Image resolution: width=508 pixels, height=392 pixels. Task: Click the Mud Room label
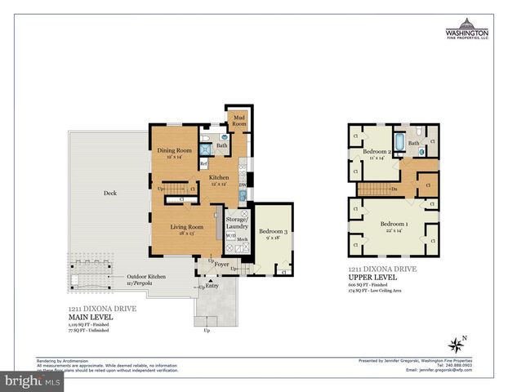point(239,121)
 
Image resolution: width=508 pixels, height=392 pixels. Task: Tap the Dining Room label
point(173,152)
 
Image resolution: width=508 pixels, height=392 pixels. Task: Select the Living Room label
point(186,229)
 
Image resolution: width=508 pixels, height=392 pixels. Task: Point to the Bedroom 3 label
point(274,234)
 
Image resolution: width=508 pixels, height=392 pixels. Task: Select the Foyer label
point(221,264)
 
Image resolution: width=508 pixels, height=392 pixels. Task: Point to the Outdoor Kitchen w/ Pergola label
point(146,278)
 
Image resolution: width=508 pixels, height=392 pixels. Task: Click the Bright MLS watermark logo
point(33,381)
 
